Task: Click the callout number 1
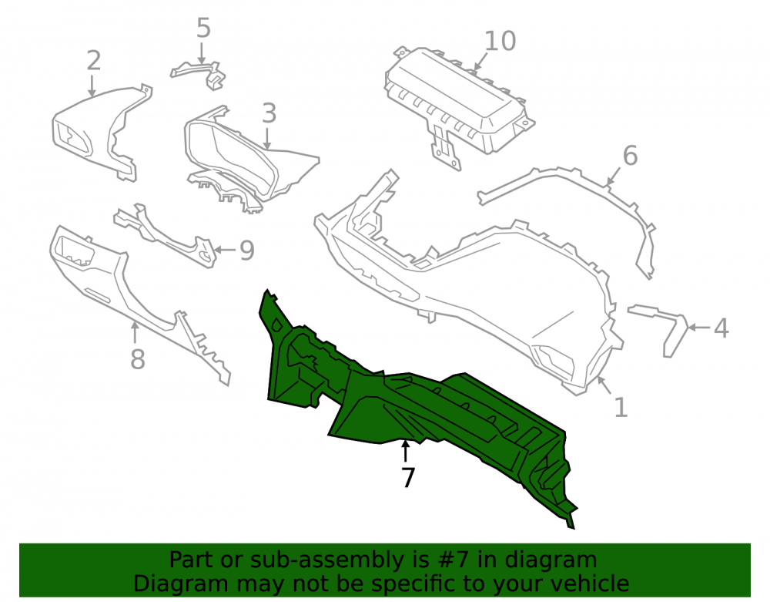[x=621, y=407]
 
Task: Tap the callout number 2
[x=93, y=60]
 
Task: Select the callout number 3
[x=269, y=113]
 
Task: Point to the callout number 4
[x=721, y=328]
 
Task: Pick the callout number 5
[x=203, y=28]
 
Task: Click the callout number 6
[x=630, y=155]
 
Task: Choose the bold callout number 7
[x=408, y=477]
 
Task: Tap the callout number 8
[x=138, y=359]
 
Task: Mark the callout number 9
[x=247, y=251]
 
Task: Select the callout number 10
[x=500, y=41]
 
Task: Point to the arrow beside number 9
[x=224, y=250]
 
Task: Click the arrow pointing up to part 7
[x=405, y=451]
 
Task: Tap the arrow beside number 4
[x=700, y=327]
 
